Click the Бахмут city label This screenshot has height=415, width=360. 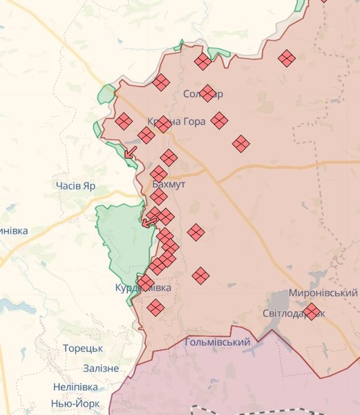(x=170, y=186)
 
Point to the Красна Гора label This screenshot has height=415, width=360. (x=177, y=121)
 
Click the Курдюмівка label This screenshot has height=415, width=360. (x=144, y=287)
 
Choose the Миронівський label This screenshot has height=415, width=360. (x=323, y=293)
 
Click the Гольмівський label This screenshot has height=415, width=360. (x=218, y=342)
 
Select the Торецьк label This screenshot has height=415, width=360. (x=82, y=349)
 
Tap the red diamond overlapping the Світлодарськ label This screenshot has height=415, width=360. (x=312, y=311)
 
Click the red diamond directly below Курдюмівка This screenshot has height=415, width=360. (x=155, y=308)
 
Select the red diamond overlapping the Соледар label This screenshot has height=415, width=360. (x=207, y=93)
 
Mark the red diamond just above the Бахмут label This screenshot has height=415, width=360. (x=159, y=174)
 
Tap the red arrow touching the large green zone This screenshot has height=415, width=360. (x=148, y=222)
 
